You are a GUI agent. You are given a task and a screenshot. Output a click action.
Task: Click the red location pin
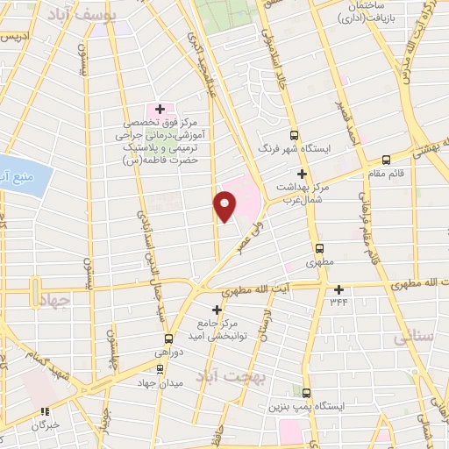click(x=224, y=206)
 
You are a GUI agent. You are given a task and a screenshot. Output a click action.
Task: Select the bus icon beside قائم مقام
click(x=387, y=160)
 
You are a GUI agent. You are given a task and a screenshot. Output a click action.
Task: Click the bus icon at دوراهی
click(x=167, y=338)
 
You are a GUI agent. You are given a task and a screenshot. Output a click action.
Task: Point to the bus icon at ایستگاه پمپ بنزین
click(x=306, y=392)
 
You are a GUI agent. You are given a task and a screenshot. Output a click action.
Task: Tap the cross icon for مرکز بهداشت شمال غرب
click(x=303, y=175)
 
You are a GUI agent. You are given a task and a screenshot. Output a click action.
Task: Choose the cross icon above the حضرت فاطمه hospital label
click(x=160, y=108)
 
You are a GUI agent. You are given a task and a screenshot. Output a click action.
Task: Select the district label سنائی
click(x=415, y=334)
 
